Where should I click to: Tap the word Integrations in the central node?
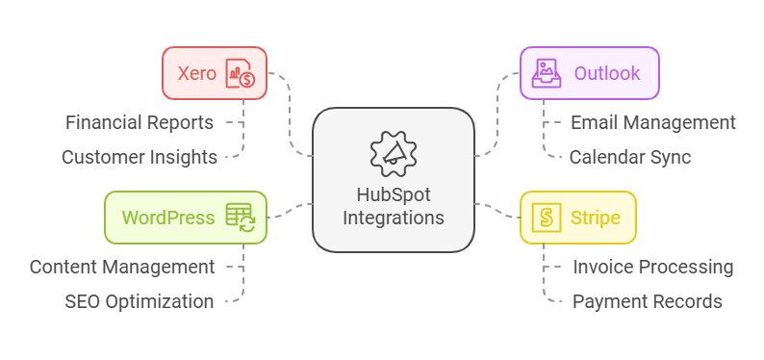point(393,218)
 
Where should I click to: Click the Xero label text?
point(196,73)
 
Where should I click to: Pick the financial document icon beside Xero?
point(241,73)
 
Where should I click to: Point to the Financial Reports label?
point(140,122)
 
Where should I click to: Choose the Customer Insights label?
point(140,157)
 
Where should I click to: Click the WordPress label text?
point(168,218)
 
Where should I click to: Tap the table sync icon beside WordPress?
point(240,218)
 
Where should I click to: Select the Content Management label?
point(122,267)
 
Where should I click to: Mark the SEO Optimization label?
point(140,301)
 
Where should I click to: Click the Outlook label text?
point(607,73)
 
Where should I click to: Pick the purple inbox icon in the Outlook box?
point(547,73)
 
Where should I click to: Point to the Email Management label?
point(653,122)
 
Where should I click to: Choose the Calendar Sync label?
point(630,157)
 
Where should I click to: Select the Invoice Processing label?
point(653,267)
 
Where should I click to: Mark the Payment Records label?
point(648,301)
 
